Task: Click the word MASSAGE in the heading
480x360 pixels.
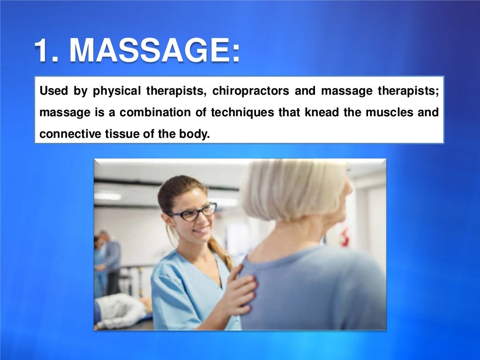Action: tap(155, 51)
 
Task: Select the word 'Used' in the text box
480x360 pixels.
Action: tap(53, 91)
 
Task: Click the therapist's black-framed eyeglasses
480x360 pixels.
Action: tap(193, 212)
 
